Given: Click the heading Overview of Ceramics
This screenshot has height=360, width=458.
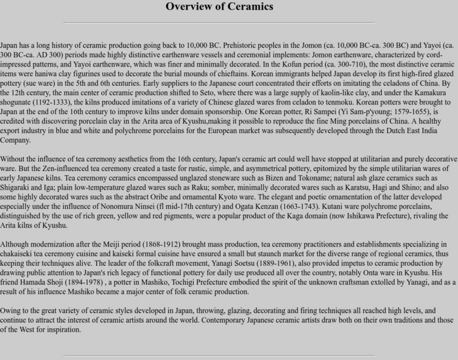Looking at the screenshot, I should (219, 7).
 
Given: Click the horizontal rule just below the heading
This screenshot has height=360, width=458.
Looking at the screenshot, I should (219, 23).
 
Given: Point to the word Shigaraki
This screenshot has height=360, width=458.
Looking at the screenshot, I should (17, 188).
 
